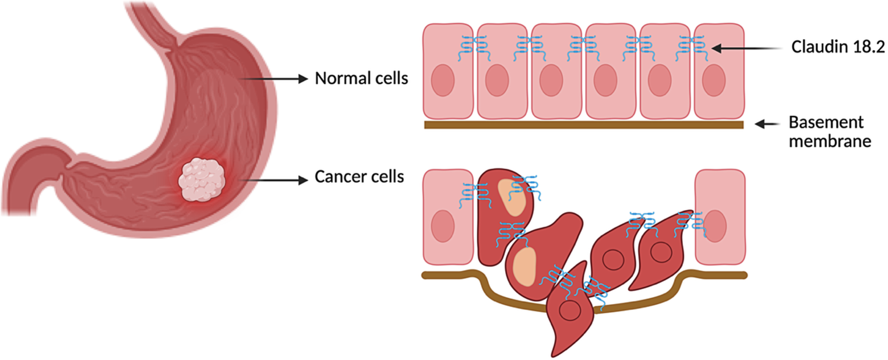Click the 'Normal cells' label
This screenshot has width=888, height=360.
click(361, 78)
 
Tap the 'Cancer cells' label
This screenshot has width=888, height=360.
click(360, 177)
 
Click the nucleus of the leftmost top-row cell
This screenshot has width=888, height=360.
click(443, 81)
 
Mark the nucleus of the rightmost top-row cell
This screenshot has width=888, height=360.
click(713, 81)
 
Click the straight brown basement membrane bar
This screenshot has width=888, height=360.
click(583, 124)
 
